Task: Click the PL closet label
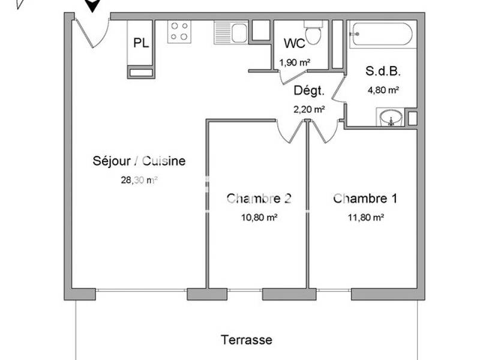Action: [141, 43]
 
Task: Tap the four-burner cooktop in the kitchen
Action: [179, 31]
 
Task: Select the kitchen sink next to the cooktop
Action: [231, 32]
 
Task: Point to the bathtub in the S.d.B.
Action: [382, 34]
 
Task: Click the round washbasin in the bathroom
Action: [390, 118]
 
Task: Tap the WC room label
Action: [294, 43]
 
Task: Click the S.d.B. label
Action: [383, 70]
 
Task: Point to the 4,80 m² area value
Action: [383, 90]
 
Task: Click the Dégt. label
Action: [309, 91]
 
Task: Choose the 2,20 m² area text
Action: [309, 109]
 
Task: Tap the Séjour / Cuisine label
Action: [139, 161]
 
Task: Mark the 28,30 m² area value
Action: [139, 179]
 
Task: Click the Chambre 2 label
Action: [259, 199]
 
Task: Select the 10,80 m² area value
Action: [259, 218]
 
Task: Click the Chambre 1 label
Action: [365, 199]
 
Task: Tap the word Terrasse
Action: [246, 340]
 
